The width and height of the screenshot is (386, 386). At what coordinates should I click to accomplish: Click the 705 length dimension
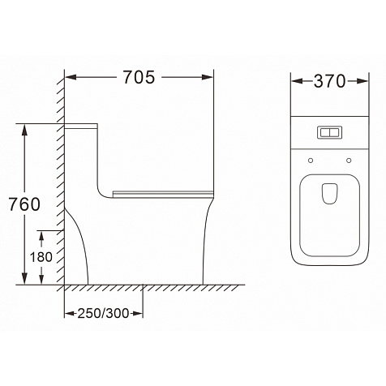[139, 77]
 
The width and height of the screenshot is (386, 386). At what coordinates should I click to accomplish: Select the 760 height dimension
[24, 204]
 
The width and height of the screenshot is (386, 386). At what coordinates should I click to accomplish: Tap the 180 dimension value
[41, 257]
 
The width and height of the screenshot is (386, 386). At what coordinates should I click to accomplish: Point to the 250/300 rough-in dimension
[104, 314]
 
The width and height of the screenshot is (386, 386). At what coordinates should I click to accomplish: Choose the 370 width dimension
[329, 81]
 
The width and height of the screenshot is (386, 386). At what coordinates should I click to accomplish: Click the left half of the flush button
[325, 132]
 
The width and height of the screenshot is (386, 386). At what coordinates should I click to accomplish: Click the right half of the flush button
[335, 132]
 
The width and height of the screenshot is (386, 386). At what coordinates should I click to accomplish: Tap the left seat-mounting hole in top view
[311, 161]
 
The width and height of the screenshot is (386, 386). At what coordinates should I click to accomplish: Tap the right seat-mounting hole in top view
[349, 161]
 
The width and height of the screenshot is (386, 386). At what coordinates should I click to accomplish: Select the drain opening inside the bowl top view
[330, 194]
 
